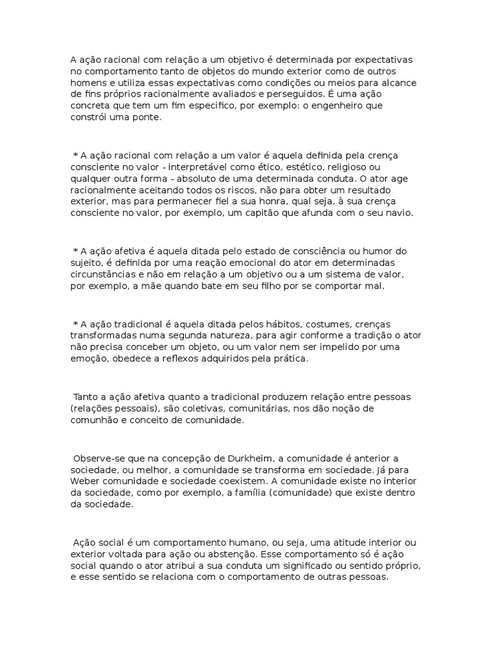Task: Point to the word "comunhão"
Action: tap(99, 420)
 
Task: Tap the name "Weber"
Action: tap(86, 481)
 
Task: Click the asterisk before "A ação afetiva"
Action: tap(76, 250)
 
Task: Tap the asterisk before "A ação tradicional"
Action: tap(76, 324)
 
